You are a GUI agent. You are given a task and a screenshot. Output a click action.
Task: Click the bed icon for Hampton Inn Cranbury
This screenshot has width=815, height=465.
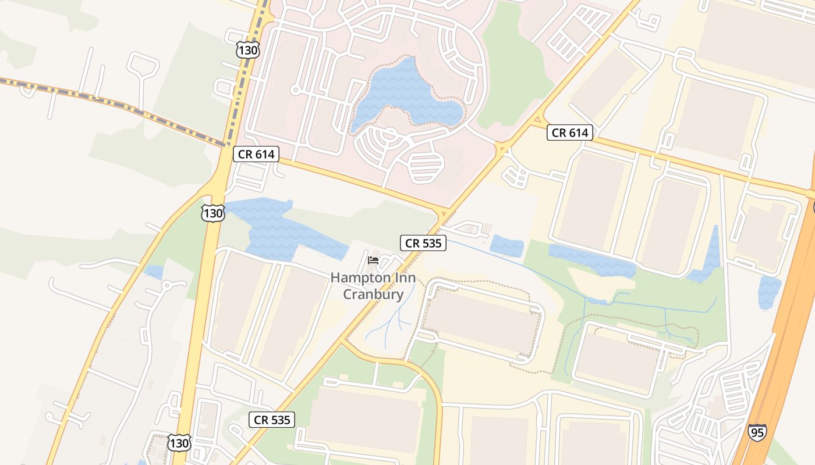[x=373, y=260]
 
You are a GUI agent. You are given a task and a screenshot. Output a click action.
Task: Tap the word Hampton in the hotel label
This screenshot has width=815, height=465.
[x=355, y=278]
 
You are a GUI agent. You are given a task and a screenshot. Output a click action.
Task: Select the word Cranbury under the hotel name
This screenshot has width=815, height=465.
[x=373, y=294]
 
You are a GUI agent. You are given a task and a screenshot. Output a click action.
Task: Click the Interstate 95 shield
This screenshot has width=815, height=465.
[x=757, y=432]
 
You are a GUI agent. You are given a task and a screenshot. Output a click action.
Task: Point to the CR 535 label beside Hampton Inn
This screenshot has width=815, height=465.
[x=423, y=243]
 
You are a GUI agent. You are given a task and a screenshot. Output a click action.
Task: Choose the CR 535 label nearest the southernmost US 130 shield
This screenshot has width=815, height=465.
[x=272, y=419]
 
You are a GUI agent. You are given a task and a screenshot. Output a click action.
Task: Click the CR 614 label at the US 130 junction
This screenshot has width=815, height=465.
[x=257, y=154]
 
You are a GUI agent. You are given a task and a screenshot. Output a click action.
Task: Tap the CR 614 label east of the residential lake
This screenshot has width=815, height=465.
[x=570, y=133]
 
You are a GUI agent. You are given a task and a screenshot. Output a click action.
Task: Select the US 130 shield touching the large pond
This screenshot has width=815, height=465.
[x=213, y=213]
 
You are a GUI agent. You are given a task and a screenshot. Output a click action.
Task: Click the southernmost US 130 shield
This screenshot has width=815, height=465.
[x=179, y=443]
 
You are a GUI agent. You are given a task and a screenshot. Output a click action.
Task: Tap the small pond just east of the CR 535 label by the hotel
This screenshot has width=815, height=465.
[x=506, y=246]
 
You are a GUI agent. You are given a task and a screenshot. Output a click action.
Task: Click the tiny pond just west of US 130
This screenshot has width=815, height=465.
[x=154, y=271]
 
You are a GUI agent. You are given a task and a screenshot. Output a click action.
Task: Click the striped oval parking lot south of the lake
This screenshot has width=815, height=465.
[x=427, y=166]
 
